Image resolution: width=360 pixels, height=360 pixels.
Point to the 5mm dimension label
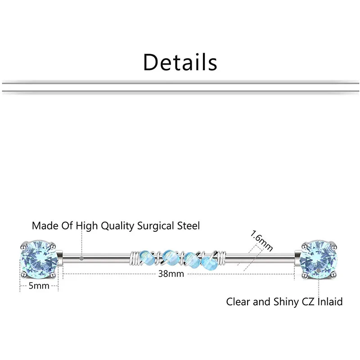(x=39, y=285)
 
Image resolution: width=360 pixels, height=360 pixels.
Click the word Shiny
(x=285, y=301)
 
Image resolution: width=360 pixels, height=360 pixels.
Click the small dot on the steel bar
(x=81, y=258)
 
